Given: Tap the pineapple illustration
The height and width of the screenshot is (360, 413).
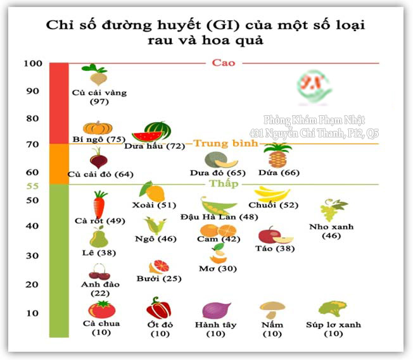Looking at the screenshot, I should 277,156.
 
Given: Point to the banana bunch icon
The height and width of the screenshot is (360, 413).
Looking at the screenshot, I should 272,194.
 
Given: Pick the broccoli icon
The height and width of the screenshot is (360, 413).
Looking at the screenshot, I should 332,310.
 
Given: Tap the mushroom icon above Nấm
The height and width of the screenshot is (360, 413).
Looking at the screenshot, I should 272,310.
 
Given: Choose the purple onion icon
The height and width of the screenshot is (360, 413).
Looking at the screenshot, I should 213,311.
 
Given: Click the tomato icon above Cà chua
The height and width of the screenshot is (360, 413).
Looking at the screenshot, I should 101,309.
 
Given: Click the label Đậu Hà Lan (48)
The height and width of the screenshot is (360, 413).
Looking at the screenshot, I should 210,217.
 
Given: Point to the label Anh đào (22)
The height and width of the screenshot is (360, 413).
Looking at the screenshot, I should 100,289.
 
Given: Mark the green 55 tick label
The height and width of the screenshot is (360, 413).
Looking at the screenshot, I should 32,186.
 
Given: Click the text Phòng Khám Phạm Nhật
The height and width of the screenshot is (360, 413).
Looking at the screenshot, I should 314,120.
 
